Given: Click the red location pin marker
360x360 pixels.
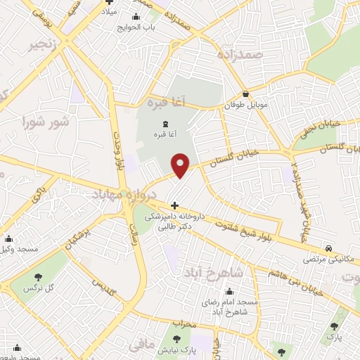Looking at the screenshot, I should [181, 165].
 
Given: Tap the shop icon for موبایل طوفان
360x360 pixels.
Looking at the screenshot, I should [244, 94].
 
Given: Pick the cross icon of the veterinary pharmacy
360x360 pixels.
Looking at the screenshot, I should [174, 206].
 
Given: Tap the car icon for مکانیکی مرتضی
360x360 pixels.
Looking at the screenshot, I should [329, 248].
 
